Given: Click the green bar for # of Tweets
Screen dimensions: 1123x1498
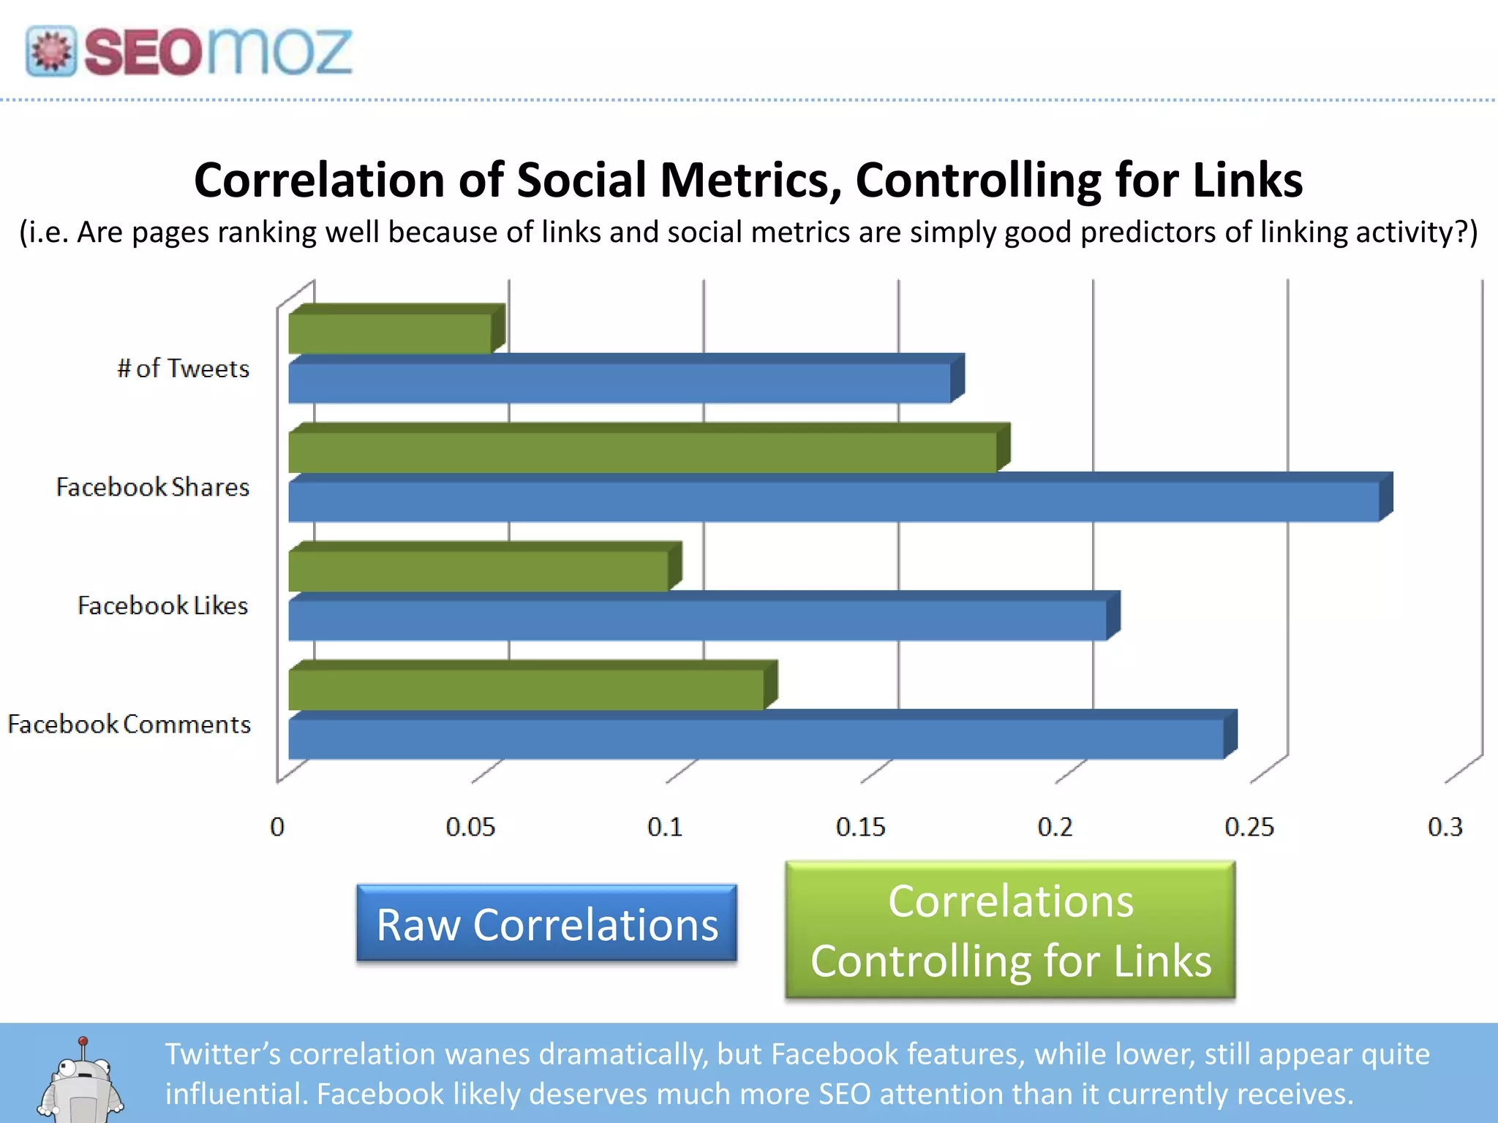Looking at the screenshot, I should coord(390,333).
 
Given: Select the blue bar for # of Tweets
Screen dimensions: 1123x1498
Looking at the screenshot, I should coord(619,383).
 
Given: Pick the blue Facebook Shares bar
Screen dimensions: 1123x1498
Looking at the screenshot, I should coord(834,502).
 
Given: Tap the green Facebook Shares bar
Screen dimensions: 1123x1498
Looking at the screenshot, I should coord(642,453).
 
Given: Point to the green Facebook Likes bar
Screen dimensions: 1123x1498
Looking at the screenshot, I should coord(478,571).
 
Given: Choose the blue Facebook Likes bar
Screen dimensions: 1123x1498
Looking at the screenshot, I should coord(697,620).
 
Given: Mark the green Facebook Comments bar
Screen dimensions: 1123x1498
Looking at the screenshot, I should coord(526,689).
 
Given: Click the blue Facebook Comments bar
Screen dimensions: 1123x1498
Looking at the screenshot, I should coord(756,738).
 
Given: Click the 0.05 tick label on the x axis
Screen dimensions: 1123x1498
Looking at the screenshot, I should coord(470,827).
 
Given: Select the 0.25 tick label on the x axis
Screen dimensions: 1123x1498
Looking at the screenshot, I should coord(1249,827).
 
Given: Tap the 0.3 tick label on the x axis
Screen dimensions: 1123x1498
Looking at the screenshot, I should coord(1445,827).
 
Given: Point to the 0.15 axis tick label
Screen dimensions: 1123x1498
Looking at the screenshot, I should coord(860,827).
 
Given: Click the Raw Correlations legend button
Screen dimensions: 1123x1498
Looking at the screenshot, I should coord(546,924).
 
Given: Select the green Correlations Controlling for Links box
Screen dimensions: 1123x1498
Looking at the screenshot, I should coord(1010,930).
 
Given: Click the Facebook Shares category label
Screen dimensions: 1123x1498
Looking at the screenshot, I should coord(153,487).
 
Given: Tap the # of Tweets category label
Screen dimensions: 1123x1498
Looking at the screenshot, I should coord(183,368).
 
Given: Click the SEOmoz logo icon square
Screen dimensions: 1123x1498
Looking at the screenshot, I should coord(50,51).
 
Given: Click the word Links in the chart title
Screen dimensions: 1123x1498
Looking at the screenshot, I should coord(1247,180).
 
